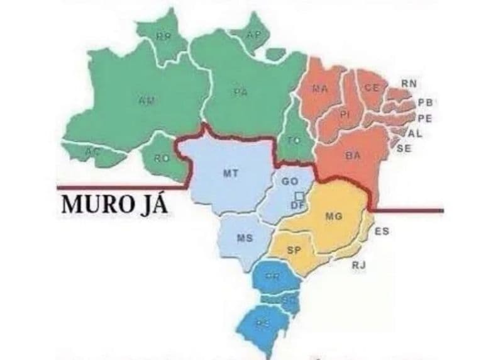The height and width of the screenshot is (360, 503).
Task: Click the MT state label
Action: tap(230, 174)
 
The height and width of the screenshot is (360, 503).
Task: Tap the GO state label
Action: tap(290, 181)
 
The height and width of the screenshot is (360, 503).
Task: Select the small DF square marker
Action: tap(300, 196)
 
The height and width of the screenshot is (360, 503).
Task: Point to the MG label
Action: tap(333, 217)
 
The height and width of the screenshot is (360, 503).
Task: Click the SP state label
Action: tap(294, 250)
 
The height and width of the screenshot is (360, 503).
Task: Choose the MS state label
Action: tap(245, 238)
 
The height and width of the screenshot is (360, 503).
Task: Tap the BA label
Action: tap(353, 156)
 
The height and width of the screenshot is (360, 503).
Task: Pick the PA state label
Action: tap(240, 92)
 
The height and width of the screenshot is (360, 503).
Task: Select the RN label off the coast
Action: tap(409, 84)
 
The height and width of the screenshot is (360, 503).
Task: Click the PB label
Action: tap(425, 103)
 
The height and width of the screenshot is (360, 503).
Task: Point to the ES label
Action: tap(381, 231)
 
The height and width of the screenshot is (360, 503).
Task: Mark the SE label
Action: tap(404, 149)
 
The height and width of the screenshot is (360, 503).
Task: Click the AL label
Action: tap(415, 133)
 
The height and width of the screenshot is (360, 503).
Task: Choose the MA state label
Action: tap(320, 89)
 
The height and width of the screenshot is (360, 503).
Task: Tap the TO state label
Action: tap(294, 140)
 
